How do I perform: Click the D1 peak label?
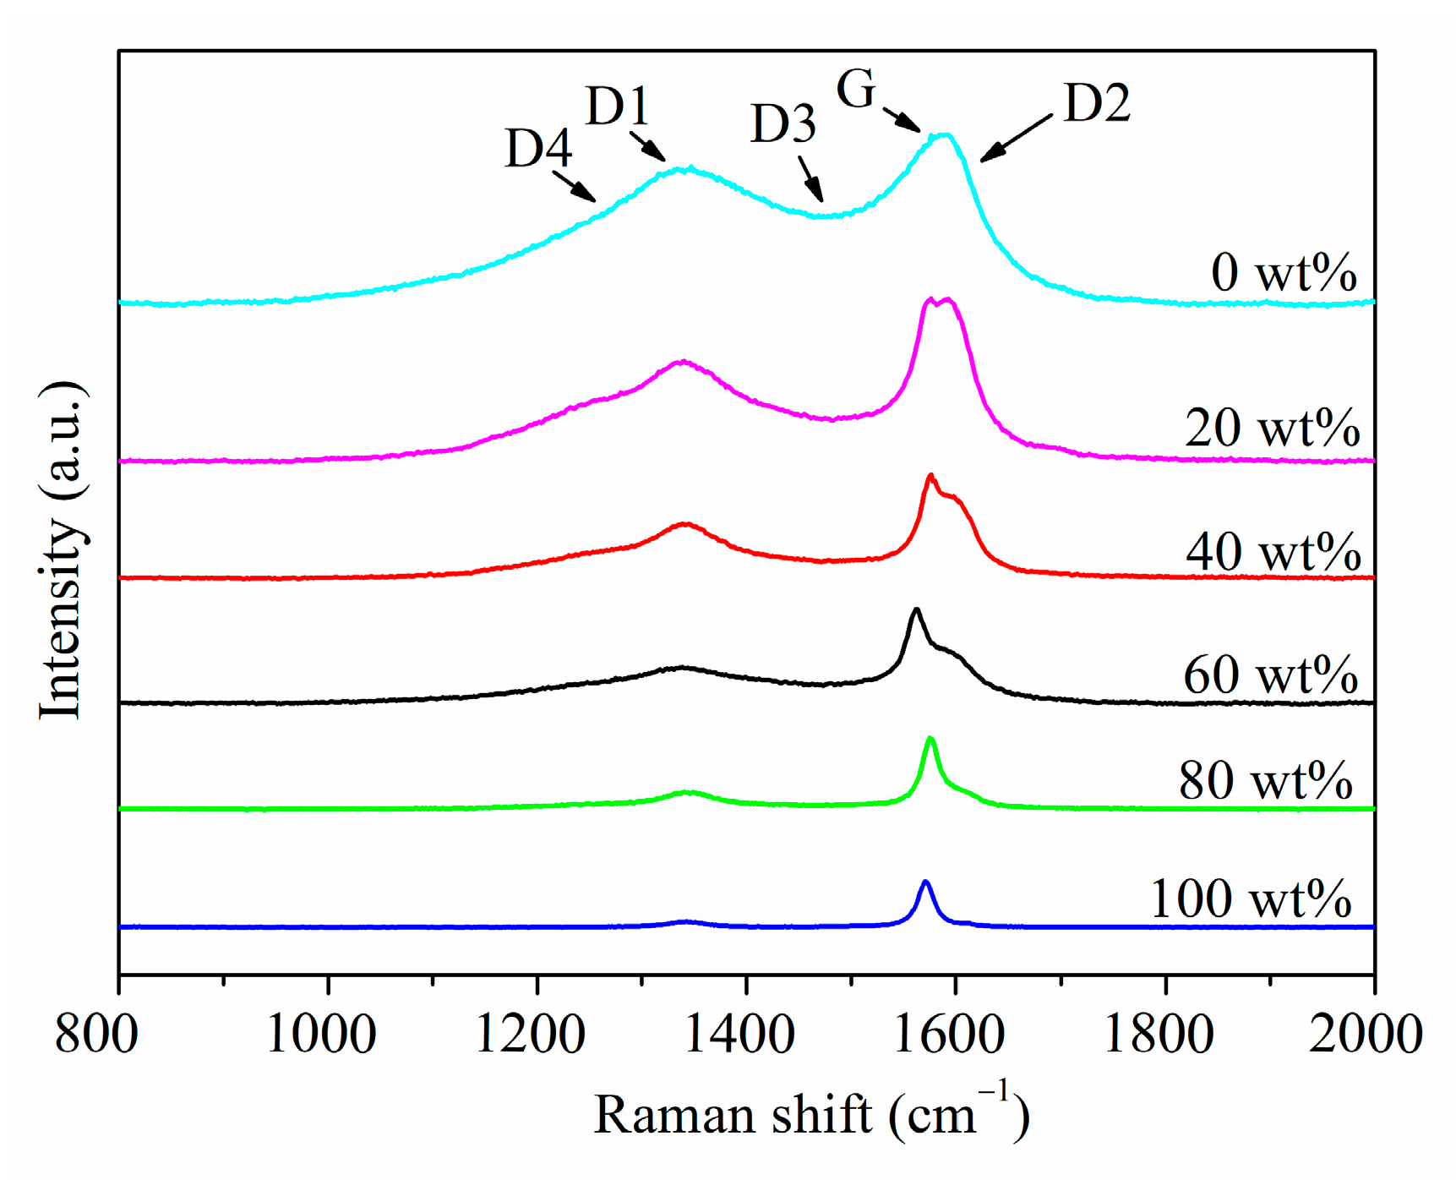618,107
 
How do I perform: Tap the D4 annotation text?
538,149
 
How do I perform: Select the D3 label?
783,124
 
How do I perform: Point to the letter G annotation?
856,89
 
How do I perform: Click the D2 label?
1097,103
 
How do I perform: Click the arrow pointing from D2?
1016,138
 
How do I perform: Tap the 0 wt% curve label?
1283,273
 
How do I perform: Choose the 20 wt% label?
1272,428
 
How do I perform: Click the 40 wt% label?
1273,552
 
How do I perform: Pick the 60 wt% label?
1270,675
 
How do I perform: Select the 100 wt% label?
1251,898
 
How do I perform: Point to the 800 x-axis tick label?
96,1034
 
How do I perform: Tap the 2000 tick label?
1366,1034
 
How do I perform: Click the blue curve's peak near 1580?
925,882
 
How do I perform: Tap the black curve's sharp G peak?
916,609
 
